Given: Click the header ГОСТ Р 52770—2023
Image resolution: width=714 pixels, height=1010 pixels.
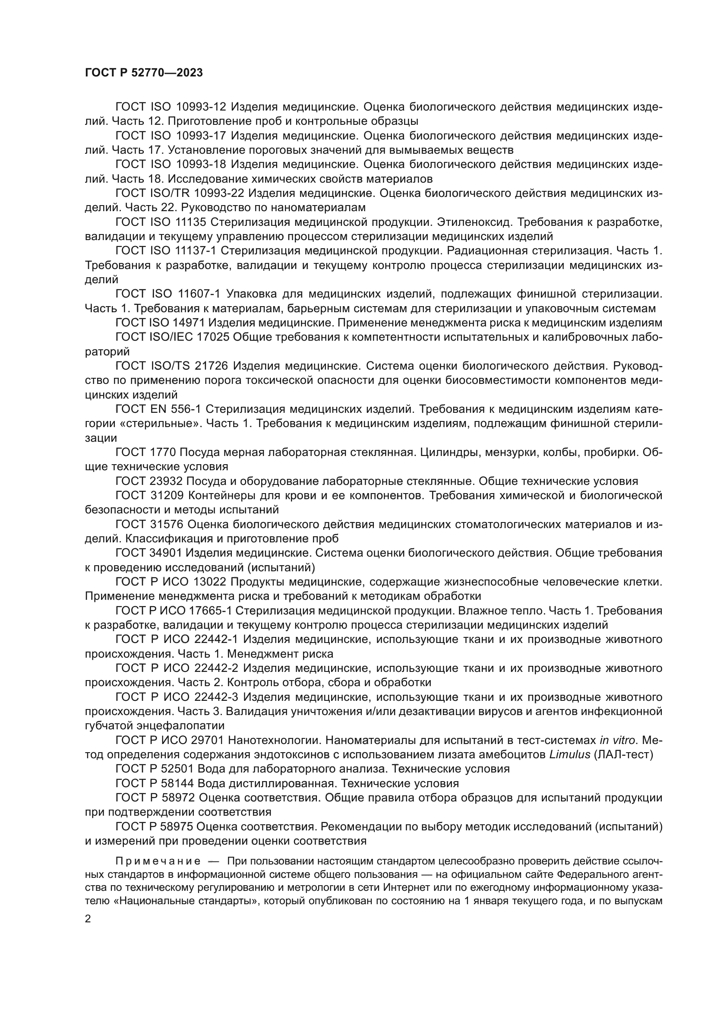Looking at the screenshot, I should (x=144, y=73).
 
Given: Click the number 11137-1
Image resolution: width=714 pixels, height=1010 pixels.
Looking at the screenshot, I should (x=196, y=251).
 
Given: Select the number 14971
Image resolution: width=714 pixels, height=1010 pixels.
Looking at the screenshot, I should (x=184, y=323).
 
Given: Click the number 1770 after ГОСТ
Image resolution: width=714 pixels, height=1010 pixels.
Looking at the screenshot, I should (x=163, y=452).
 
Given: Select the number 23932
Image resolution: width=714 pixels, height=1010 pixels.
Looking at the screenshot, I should (x=166, y=481).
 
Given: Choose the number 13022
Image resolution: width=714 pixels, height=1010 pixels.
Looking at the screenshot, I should (x=209, y=582).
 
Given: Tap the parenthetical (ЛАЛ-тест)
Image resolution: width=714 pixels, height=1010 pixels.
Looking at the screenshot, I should (x=623, y=755).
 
